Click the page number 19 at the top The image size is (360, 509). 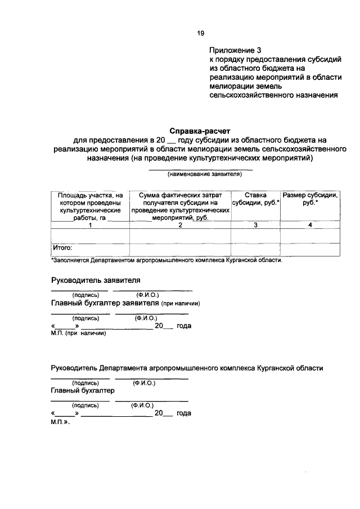click(200, 33)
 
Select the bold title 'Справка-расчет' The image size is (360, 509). click(200, 130)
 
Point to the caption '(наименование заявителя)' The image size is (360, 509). click(200, 174)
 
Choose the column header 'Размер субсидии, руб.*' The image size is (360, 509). click(310, 200)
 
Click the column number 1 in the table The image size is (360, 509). click(90, 225)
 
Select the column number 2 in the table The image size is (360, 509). click(180, 225)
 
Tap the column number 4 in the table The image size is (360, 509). click(310, 225)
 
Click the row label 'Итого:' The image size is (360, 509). click(62, 247)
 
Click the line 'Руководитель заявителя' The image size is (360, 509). click(95, 280)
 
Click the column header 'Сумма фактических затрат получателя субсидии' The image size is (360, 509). click(180, 206)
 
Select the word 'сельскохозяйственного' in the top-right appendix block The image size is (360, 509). click(248, 96)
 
